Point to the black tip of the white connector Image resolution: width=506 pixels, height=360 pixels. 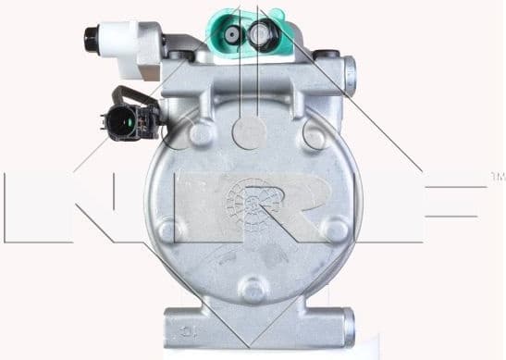tap(90, 39)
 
